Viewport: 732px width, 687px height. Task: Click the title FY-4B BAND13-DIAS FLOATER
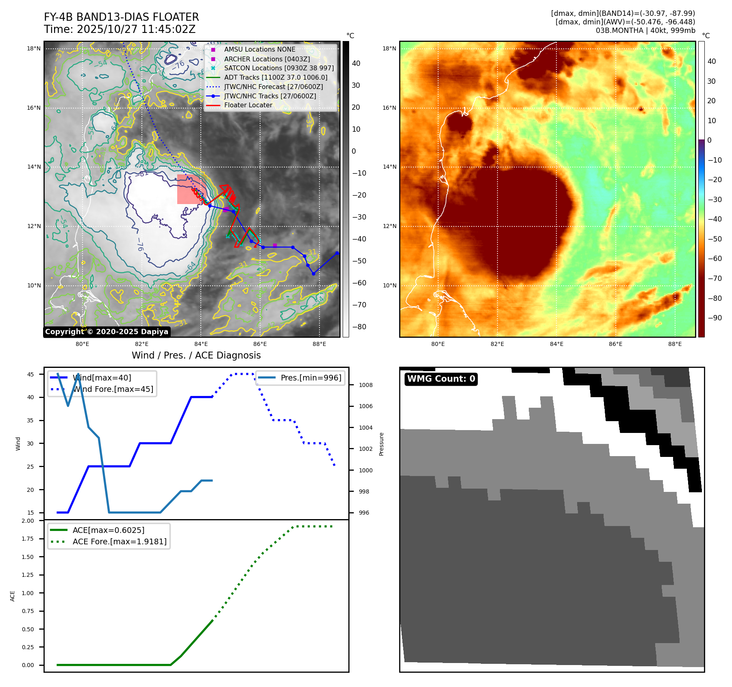(x=121, y=17)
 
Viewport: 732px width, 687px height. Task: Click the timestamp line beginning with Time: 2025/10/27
(x=119, y=29)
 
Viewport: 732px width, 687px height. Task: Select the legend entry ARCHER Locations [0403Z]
(x=267, y=59)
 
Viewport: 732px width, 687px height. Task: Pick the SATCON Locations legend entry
(x=279, y=68)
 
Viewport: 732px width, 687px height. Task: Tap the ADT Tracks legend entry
(x=276, y=77)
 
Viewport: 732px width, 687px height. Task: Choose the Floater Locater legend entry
(x=248, y=105)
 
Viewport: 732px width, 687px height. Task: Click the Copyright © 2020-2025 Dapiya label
(x=106, y=332)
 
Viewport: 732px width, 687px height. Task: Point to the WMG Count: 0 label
(x=441, y=379)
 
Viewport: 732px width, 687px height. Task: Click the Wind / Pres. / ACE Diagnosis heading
(x=196, y=355)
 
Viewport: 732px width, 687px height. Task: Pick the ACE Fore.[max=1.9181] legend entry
(x=119, y=541)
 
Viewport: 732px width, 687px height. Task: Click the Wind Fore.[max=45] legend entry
(x=113, y=389)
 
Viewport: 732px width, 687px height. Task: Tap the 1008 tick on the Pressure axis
(x=365, y=385)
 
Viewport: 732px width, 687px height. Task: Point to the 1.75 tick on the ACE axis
(x=28, y=539)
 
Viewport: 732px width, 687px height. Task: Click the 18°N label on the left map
(x=34, y=48)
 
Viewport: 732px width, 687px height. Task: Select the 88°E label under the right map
(x=675, y=344)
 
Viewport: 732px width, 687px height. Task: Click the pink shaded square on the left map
(x=189, y=189)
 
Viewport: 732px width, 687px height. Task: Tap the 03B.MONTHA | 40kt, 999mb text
(x=645, y=30)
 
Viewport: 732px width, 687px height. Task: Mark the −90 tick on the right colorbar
(x=715, y=318)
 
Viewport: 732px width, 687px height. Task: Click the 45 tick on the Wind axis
(x=30, y=374)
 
